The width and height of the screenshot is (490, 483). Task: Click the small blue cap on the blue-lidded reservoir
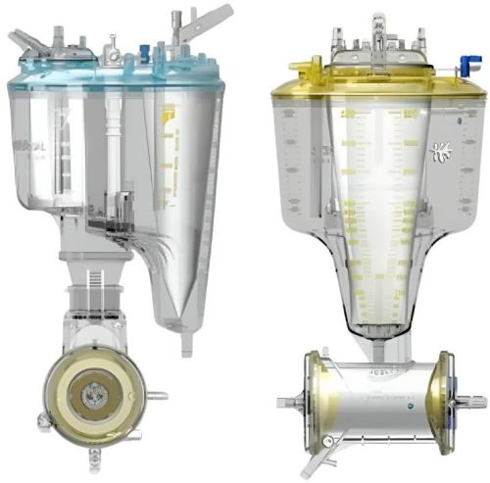[145, 50]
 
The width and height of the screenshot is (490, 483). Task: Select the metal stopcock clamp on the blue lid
[114, 43]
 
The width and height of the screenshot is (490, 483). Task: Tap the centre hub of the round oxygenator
[94, 396]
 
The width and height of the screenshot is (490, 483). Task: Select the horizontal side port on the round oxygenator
[157, 396]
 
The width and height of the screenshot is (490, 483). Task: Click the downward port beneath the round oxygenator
[94, 456]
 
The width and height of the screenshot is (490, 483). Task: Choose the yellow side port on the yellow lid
[299, 67]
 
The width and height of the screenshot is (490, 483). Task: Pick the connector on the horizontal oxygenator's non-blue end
[288, 402]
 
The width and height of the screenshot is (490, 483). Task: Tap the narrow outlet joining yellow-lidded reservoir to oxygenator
[376, 339]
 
